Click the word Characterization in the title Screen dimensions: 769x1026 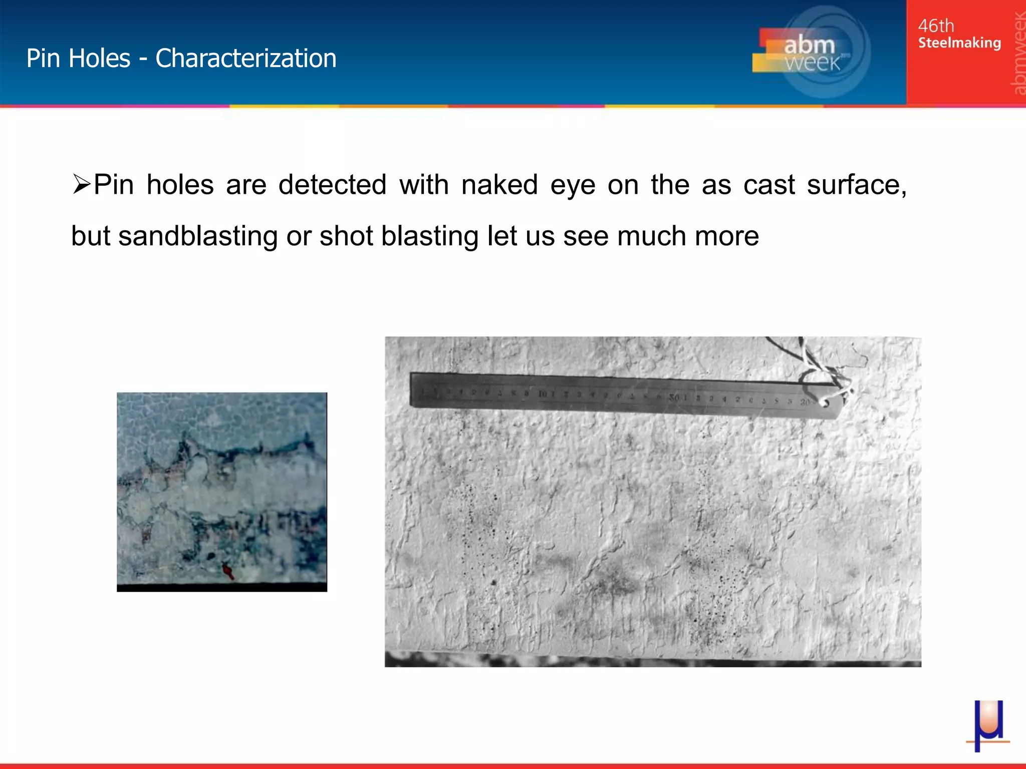245,58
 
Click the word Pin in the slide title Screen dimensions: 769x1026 43,58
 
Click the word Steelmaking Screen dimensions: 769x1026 959,43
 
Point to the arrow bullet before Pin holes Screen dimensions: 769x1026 81,184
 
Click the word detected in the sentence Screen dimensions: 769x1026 332,184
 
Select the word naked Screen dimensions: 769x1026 499,184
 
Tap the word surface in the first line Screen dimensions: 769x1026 856,184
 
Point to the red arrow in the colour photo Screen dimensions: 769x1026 228,571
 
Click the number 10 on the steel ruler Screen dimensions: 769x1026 543,394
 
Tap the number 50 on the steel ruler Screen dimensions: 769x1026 674,398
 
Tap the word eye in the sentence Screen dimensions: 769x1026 573,184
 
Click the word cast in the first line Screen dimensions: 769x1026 768,184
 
